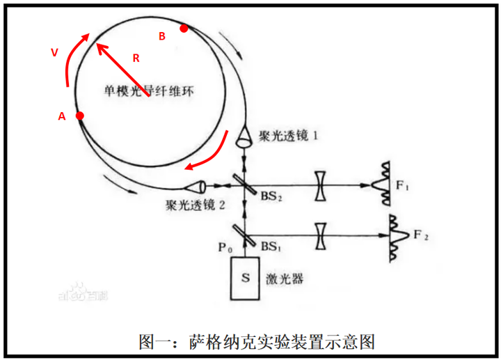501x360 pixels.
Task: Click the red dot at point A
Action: coord(80,116)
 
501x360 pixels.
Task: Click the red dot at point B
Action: coord(184,29)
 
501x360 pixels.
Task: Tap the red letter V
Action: coord(54,52)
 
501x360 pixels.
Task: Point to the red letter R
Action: coord(136,59)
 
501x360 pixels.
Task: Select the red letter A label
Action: coord(61,118)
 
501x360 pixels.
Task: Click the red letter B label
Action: coord(162,37)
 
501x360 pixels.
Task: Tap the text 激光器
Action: coord(285,279)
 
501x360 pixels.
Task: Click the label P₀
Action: coord(225,245)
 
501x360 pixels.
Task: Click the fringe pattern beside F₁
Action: coord(381,182)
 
